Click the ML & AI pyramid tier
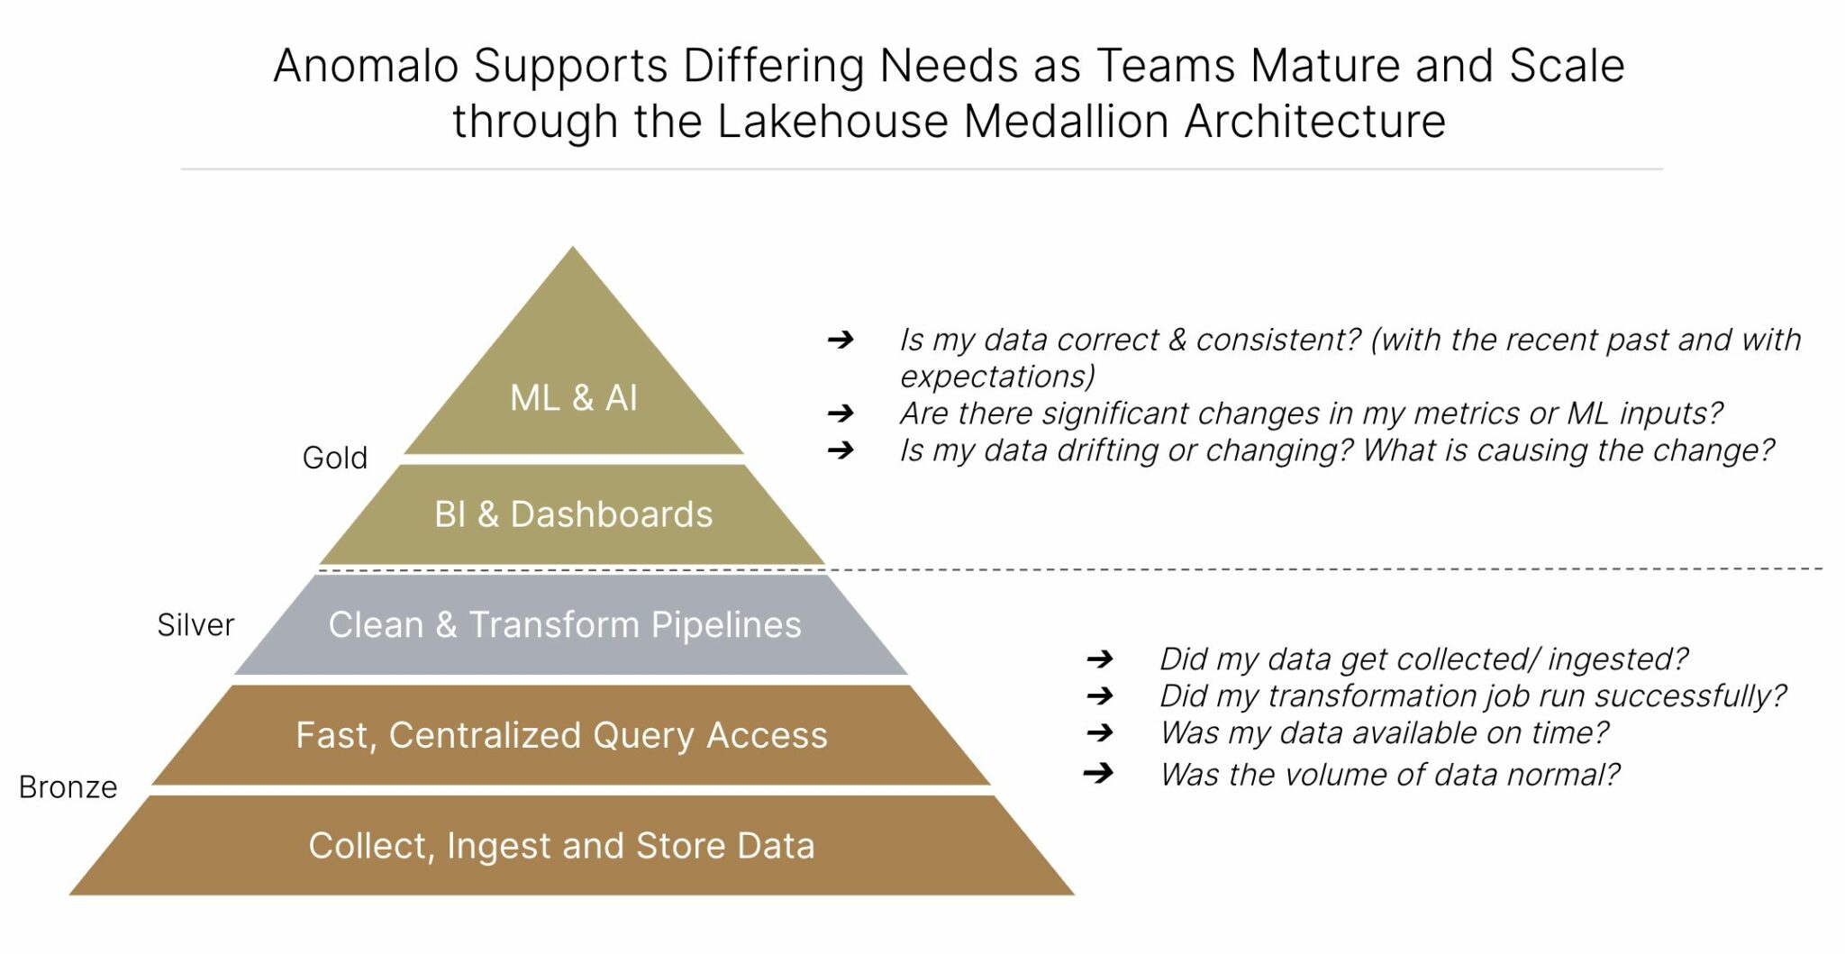tap(574, 397)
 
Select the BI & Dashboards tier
tap(573, 514)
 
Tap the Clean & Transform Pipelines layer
tap(565, 625)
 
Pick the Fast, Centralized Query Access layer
tap(562, 735)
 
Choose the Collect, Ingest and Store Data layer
tap(562, 846)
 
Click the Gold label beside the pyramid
tap(335, 458)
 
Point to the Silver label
tap(195, 624)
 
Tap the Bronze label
tap(68, 787)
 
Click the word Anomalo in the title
tap(366, 66)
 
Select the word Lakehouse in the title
tap(832, 122)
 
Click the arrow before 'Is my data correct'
tap(841, 340)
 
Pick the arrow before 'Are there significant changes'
tap(841, 413)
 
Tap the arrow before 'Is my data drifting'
tap(841, 450)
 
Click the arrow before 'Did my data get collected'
tap(1100, 659)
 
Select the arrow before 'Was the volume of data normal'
tap(1099, 773)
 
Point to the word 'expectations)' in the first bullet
tap(997, 377)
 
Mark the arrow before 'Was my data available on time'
tap(1100, 733)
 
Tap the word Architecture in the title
tap(1315, 122)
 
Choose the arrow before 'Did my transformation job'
tap(1100, 695)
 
